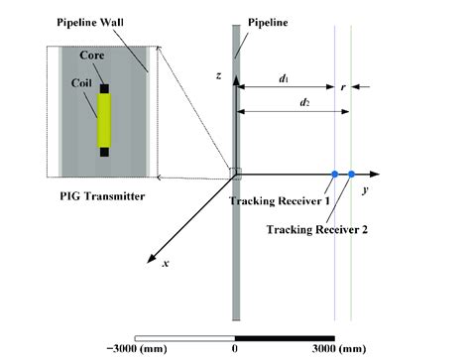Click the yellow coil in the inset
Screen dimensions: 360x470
(x=103, y=121)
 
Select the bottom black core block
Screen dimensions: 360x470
(x=104, y=152)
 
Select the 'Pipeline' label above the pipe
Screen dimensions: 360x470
(x=267, y=20)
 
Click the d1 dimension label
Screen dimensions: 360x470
(x=284, y=77)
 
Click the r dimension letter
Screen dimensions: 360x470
(x=342, y=86)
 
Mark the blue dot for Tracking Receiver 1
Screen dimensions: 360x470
(x=335, y=175)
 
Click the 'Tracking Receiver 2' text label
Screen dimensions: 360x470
(x=316, y=229)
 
